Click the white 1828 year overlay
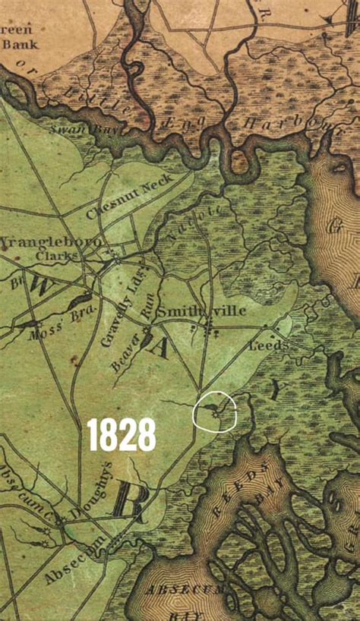coord(122,434)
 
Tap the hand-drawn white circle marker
coord(216,411)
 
